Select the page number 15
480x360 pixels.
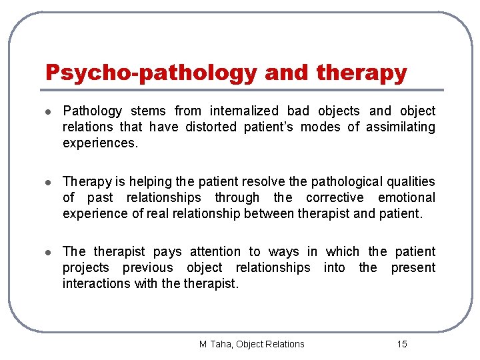[401, 344]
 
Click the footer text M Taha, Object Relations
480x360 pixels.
[252, 344]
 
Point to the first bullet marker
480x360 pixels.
[49, 111]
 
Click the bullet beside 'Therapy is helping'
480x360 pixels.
[49, 182]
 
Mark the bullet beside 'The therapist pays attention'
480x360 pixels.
[49, 252]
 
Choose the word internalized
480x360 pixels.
[245, 111]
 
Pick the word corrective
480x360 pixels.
[335, 197]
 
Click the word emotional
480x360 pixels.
[406, 197]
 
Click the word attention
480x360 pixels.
[215, 251]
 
